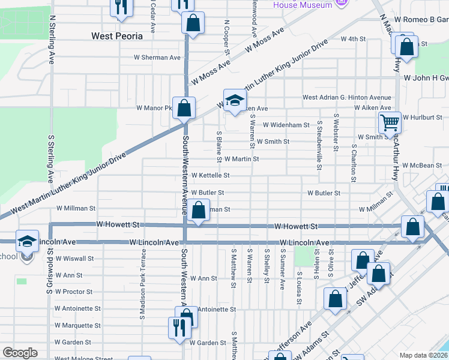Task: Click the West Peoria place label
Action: [x=117, y=36]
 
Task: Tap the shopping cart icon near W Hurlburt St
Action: [x=390, y=122]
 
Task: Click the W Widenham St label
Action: [x=286, y=125]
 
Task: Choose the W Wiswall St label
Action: [x=74, y=259]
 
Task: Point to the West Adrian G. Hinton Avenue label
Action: [x=346, y=97]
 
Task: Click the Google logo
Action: [x=20, y=353]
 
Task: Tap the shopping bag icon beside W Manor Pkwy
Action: [x=184, y=109]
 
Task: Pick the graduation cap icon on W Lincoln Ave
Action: [x=27, y=241]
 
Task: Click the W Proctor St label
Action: [x=73, y=292]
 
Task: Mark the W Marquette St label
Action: [x=77, y=325]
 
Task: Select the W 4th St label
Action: [x=353, y=39]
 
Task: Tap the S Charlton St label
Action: [x=354, y=162]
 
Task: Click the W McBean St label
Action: [x=422, y=165]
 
